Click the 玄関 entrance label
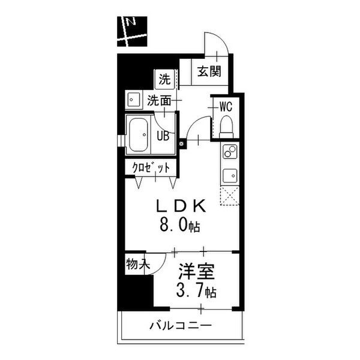point(209,71)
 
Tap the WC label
point(226,107)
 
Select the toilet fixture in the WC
point(226,127)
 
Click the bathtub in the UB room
point(138,135)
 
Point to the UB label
point(163,136)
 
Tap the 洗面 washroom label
point(159,101)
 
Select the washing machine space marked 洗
point(165,79)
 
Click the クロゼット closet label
point(151,168)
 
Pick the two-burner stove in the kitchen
point(230,152)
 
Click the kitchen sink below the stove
point(230,176)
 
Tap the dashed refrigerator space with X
point(230,196)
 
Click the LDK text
point(181,206)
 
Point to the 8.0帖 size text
point(180,225)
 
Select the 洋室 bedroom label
point(197,272)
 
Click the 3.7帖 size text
point(196,291)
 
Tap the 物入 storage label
point(137,264)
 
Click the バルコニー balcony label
point(181,325)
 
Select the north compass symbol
point(132,31)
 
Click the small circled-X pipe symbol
point(181,144)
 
